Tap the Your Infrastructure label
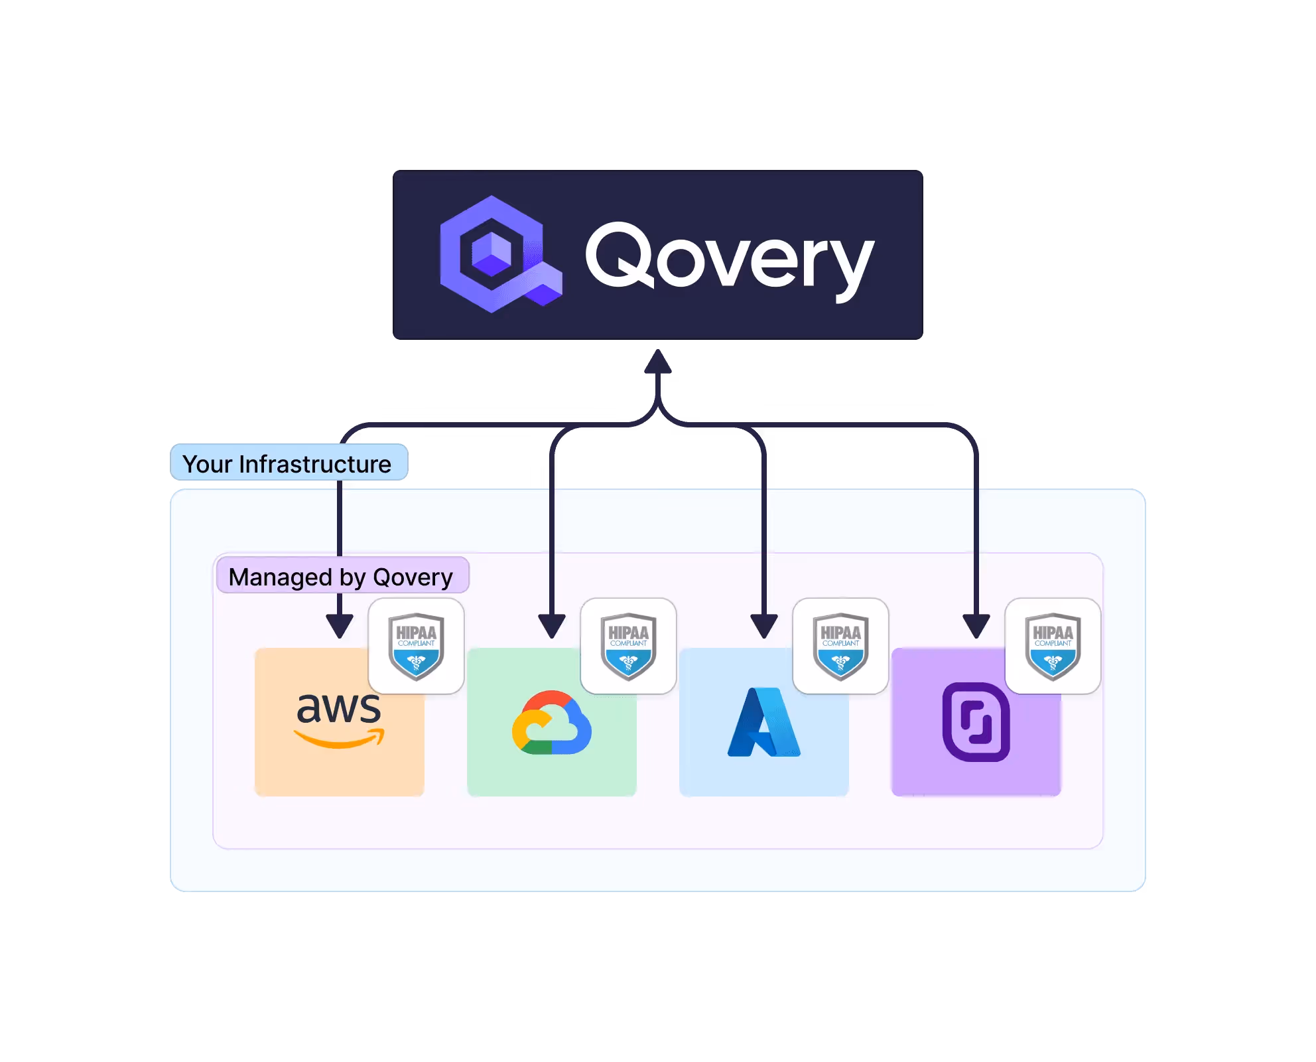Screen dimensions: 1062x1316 (288, 463)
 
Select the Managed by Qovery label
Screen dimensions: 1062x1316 (341, 576)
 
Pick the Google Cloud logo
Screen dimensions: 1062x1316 (551, 723)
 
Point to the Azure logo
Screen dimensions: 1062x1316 (763, 723)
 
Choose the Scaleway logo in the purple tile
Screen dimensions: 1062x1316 (976, 722)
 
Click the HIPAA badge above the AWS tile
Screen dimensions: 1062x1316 (416, 646)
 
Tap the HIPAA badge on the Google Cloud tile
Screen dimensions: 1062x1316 (628, 646)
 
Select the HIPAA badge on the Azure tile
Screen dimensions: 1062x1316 (840, 646)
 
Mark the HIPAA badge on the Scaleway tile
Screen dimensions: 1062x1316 (1053, 646)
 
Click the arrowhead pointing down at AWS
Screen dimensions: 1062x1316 (340, 625)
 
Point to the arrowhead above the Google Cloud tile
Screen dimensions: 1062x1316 (552, 625)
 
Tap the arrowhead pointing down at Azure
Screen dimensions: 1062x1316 (764, 625)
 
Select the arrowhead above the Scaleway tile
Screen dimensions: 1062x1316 (976, 625)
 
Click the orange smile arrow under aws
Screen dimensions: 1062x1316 (339, 739)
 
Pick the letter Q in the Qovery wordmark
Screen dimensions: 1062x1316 (620, 256)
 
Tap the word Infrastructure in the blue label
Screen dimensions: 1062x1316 (315, 464)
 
